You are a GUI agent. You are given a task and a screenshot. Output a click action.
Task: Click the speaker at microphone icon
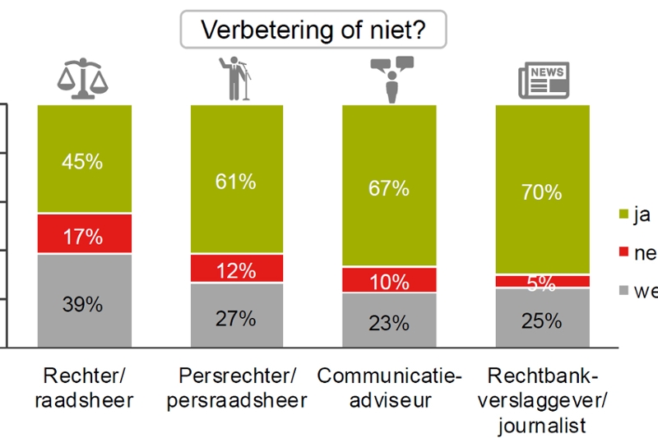236,76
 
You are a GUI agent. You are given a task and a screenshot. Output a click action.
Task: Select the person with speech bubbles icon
390,76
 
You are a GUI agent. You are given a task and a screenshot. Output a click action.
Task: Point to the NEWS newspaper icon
542,79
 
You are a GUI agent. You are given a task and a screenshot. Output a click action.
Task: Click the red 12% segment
237,269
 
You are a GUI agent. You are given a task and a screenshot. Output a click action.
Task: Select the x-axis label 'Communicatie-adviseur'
390,389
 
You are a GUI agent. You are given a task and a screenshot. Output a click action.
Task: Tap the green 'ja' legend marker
623,216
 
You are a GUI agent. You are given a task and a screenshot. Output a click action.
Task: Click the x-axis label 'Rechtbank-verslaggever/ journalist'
543,401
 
